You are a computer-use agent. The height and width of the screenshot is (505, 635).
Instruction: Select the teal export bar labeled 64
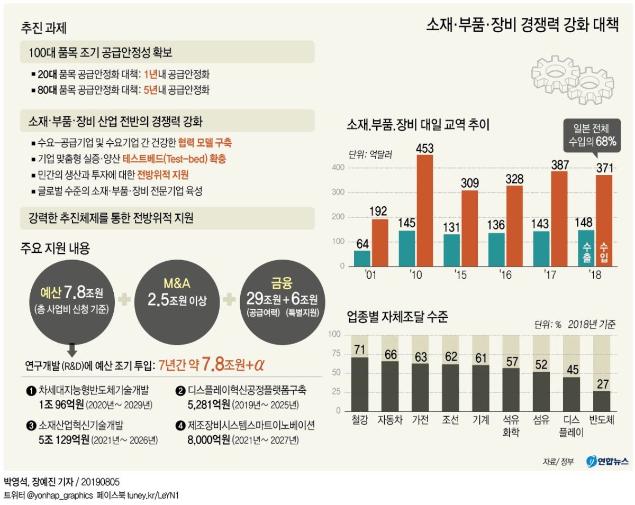[362, 258]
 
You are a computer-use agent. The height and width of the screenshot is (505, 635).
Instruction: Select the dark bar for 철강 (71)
[360, 384]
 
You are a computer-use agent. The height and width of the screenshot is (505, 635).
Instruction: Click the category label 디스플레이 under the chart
[570, 427]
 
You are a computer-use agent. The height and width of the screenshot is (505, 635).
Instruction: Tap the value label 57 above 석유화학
[511, 362]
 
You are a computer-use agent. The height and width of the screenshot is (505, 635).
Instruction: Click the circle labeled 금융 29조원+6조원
[282, 299]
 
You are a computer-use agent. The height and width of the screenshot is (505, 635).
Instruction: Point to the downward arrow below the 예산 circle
[72, 350]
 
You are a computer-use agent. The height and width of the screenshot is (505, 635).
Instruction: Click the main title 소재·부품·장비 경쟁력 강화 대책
[522, 25]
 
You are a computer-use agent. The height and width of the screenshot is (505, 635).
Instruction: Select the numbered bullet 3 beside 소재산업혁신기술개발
[31, 425]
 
